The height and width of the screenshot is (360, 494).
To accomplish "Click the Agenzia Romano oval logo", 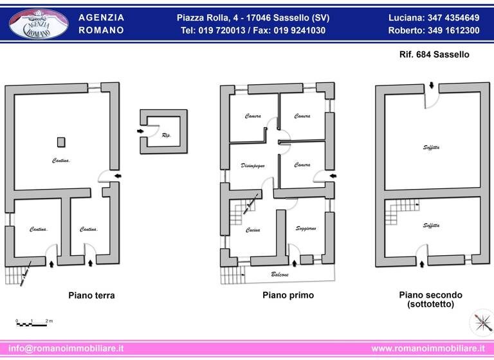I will [39, 24].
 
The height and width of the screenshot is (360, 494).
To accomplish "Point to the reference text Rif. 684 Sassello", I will [434, 55].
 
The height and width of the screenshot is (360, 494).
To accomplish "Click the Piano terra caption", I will [91, 296].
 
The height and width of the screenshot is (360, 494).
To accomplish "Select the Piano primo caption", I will [288, 296].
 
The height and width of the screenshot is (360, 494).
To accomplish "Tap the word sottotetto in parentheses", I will [430, 304].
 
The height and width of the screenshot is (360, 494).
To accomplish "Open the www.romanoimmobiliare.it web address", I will [428, 348].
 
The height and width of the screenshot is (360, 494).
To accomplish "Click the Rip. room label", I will [166, 135].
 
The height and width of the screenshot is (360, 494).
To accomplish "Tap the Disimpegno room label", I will [253, 165].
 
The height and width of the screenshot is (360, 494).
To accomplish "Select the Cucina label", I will [253, 230].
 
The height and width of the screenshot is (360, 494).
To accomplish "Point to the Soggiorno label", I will [306, 229].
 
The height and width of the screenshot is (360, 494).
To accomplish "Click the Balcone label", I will [279, 274].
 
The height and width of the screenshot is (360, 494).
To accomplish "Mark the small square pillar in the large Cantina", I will [60, 141].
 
